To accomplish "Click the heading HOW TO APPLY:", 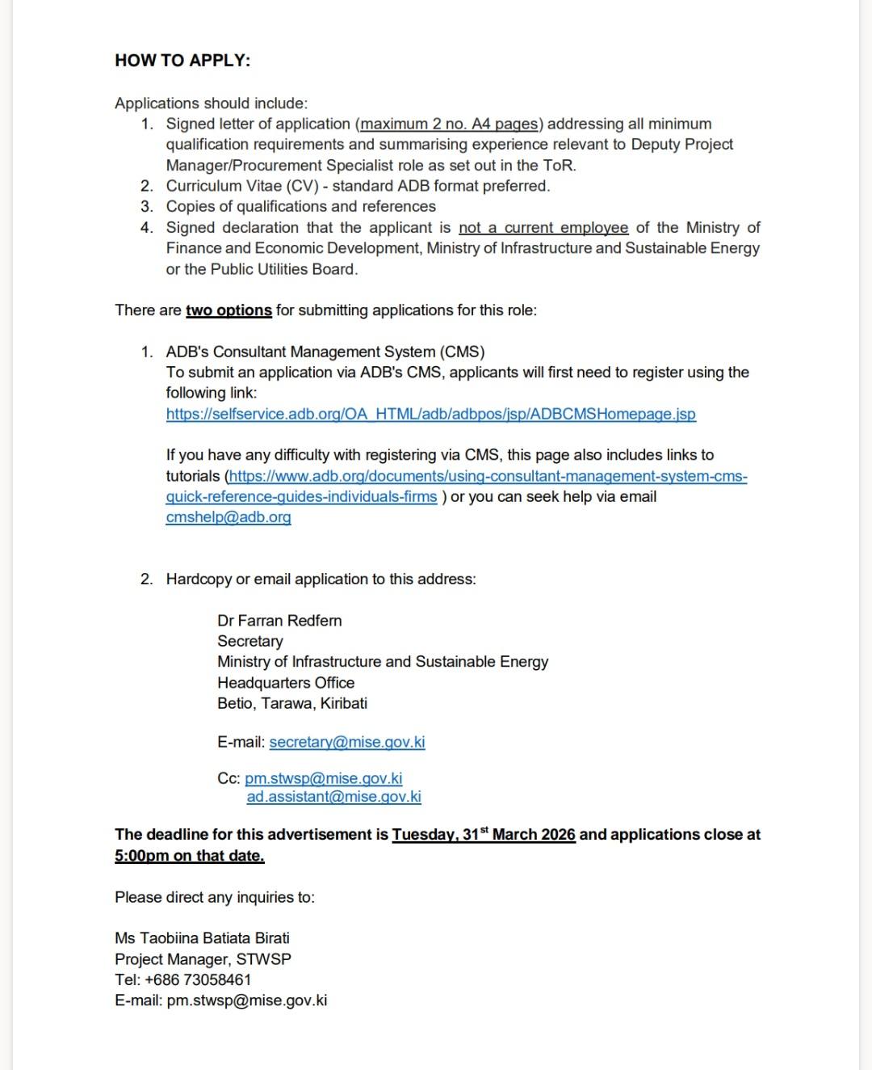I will pos(182,61).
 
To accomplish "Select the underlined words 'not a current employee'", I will pos(543,227).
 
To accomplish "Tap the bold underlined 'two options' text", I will pos(228,310).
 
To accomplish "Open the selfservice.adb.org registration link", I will pos(430,414).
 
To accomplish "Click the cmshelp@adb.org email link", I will pos(228,517).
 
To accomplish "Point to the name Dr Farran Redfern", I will pos(279,621).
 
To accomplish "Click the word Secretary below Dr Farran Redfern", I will pos(250,641).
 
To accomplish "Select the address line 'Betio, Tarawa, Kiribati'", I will pos(292,703).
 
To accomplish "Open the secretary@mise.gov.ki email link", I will pos(347,742).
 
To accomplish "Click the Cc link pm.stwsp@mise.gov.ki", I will pos(324,778).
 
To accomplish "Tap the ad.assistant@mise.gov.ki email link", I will pos(334,797).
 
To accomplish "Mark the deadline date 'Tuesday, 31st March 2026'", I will pos(484,835).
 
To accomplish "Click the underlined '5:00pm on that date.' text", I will pos(190,856).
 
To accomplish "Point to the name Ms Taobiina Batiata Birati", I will pos(202,938).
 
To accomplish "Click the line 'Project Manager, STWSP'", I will pos(203,959).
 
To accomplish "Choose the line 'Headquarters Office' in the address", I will pos(286,683).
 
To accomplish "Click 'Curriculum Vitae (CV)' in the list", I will pos(242,186).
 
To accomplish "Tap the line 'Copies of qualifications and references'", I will pos(301,206).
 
